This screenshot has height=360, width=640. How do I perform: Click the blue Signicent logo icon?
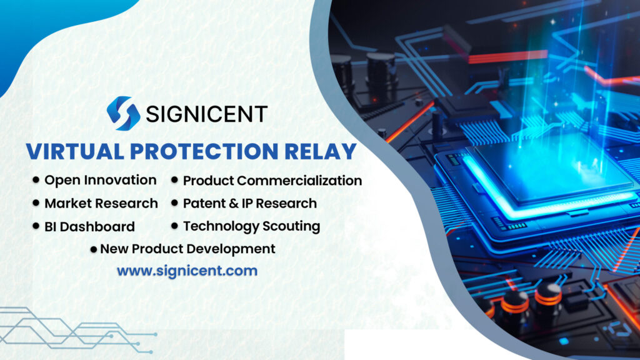(123, 113)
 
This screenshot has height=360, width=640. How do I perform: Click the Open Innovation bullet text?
(100, 180)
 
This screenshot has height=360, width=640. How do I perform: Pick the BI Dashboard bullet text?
(89, 226)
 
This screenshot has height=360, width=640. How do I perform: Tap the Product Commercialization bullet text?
(272, 181)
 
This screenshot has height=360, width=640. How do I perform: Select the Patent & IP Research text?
(250, 203)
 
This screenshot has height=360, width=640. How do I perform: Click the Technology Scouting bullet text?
(251, 226)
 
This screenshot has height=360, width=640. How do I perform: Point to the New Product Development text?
(187, 249)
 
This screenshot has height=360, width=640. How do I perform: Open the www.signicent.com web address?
(187, 271)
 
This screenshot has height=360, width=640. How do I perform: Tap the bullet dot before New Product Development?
(94, 249)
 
